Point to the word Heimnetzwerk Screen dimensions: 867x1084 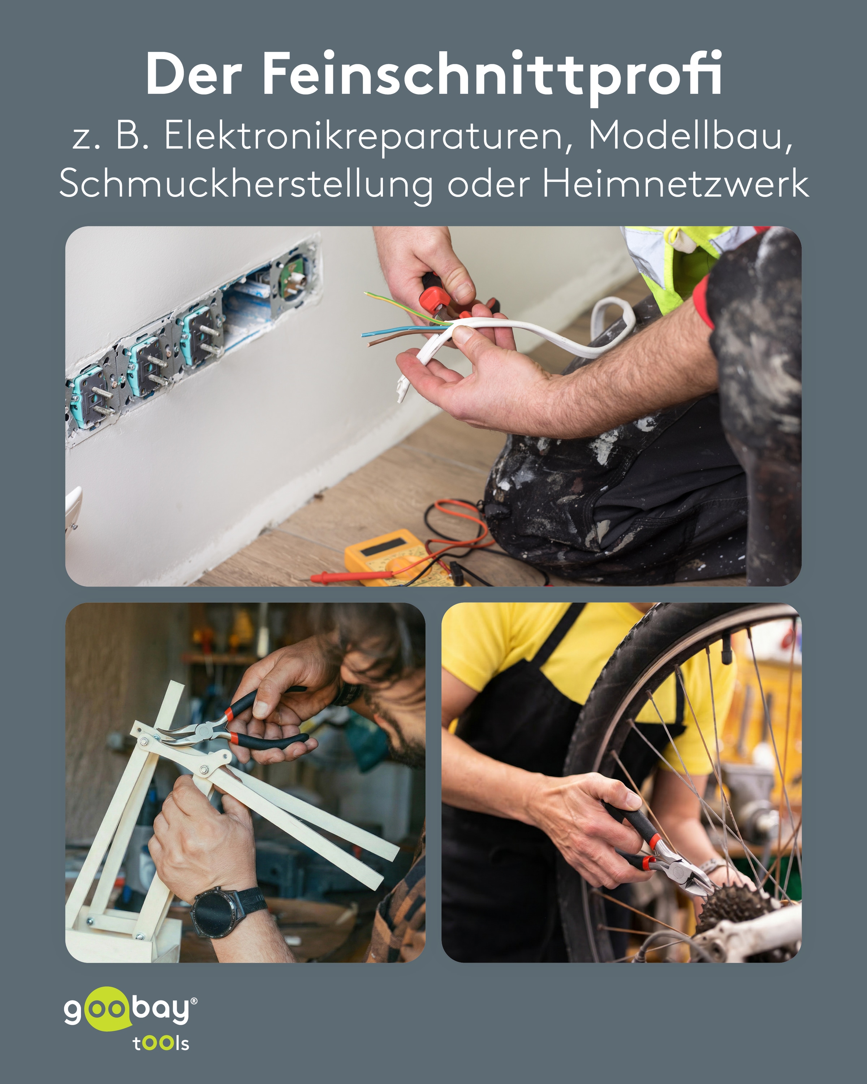pyautogui.click(x=676, y=184)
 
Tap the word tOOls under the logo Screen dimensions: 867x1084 pyautogui.click(x=161, y=1043)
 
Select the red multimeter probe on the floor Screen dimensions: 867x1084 pyautogui.click(x=352, y=577)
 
